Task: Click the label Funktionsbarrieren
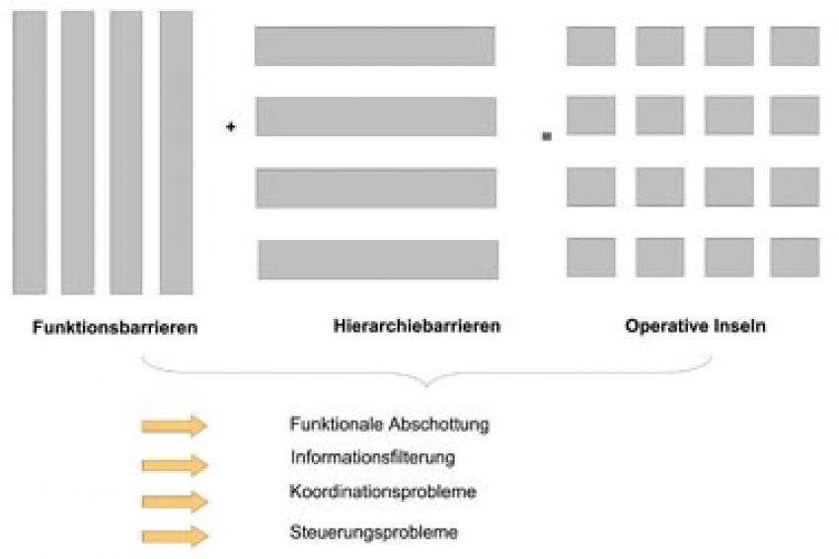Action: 115,327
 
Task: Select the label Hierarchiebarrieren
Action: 417,326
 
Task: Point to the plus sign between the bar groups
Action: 231,126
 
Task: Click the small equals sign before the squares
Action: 547,136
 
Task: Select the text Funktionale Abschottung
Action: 390,424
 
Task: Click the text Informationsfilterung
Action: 373,458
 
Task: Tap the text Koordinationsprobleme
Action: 383,492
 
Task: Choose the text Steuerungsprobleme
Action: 373,532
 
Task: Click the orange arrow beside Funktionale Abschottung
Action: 175,426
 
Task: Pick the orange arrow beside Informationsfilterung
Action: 175,465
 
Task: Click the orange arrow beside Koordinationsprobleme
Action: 175,502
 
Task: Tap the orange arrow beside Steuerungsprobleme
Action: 175,536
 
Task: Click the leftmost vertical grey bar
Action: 30,153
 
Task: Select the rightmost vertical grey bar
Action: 176,153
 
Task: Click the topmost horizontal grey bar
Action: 374,46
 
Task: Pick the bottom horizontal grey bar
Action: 378,260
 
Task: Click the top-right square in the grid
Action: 795,46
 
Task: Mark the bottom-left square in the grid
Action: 590,258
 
